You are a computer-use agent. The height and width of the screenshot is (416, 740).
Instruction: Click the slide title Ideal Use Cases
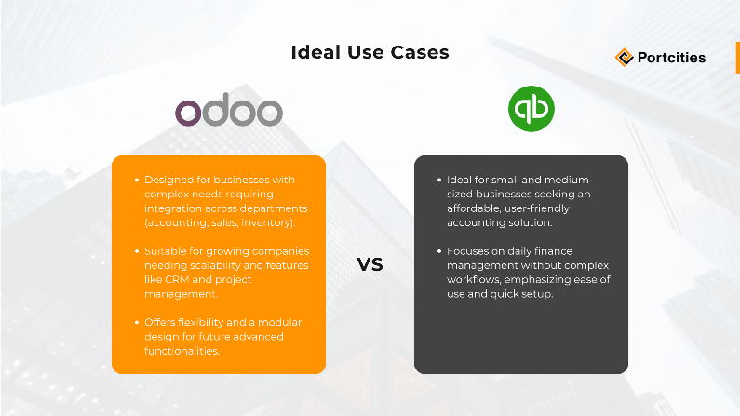pos(370,52)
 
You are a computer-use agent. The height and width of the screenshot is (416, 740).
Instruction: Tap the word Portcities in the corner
pos(671,58)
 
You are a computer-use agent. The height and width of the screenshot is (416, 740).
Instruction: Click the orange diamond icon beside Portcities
pos(625,58)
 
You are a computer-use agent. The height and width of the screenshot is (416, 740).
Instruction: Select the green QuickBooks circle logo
pos(531,108)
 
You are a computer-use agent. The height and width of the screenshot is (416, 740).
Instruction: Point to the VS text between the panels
pos(370,264)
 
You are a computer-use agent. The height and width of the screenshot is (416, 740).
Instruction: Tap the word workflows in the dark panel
pos(475,279)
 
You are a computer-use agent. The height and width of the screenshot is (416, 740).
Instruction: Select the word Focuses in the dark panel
pos(470,251)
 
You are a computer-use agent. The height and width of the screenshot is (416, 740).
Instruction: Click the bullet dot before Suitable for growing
pos(137,251)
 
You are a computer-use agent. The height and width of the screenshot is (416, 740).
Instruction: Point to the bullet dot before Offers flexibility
pos(137,322)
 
